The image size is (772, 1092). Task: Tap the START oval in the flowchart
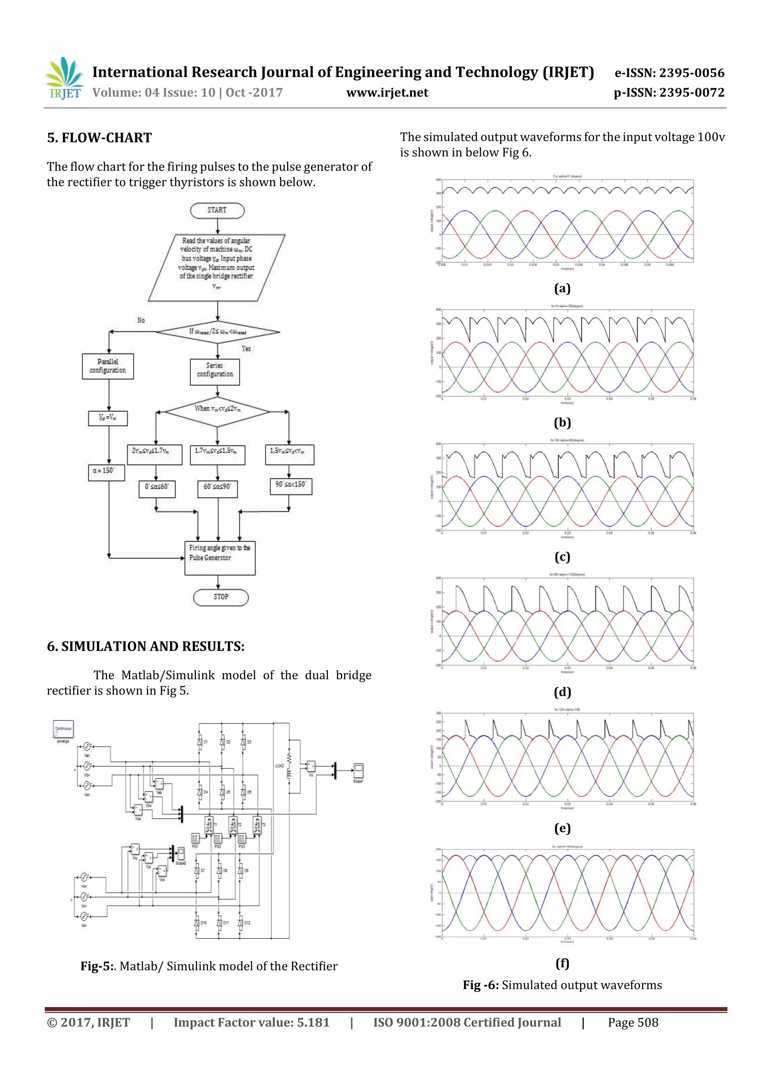click(217, 210)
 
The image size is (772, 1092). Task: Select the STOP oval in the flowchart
click(221, 597)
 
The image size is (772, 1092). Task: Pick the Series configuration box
click(215, 371)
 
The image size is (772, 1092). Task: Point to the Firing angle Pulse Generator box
click(220, 557)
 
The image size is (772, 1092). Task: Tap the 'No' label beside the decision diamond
click(141, 320)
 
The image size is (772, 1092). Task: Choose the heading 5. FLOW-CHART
click(100, 138)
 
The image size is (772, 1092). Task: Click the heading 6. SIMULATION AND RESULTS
click(146, 646)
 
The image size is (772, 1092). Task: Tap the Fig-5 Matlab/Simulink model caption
click(209, 966)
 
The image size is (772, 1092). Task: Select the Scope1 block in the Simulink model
click(358, 770)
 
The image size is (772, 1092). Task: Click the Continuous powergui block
click(63, 730)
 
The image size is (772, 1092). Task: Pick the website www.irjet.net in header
click(387, 93)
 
